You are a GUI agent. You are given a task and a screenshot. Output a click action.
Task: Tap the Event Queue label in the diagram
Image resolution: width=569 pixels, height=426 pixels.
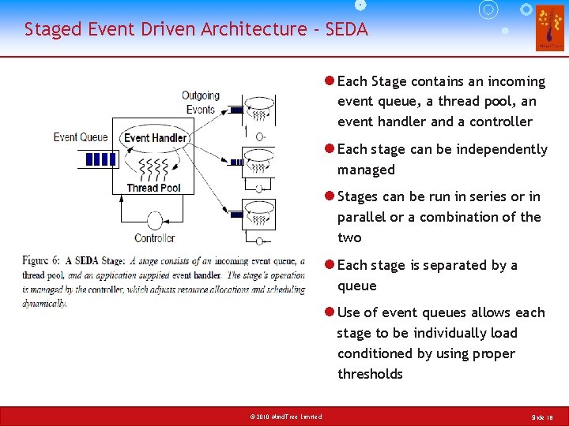[81, 137]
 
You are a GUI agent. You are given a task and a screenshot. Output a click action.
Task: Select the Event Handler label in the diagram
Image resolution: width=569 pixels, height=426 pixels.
[156, 138]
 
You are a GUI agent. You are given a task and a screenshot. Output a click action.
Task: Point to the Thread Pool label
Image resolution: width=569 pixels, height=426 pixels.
[154, 188]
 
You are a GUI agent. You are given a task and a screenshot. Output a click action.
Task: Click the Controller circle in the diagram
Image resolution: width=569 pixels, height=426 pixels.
[155, 220]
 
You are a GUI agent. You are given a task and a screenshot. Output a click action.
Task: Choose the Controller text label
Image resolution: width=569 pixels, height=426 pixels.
[155, 238]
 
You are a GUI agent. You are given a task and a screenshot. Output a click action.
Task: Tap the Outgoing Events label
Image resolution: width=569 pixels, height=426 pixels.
[200, 103]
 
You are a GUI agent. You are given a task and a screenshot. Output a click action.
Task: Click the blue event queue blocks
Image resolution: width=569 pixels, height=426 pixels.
[100, 159]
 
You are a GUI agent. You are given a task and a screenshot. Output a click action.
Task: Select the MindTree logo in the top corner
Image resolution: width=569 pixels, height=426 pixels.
[550, 28]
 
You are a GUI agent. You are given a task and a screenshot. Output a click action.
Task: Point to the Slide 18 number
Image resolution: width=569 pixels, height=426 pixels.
[542, 417]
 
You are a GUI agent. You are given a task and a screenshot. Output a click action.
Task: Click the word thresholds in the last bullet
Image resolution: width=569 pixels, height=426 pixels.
[370, 374]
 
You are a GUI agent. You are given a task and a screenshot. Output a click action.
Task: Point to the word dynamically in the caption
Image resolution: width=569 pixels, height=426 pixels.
[44, 303]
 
